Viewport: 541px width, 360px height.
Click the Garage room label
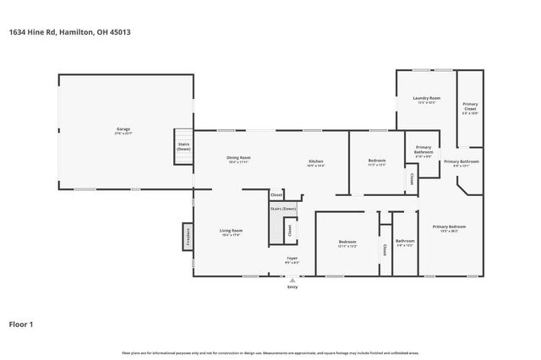[x=123, y=129]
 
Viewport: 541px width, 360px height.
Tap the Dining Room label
[x=238, y=158]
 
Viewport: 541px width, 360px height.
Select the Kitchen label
[x=315, y=161]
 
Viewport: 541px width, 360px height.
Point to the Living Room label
[x=232, y=231]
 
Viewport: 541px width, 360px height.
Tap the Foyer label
[x=292, y=259]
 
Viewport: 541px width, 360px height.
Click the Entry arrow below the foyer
[x=292, y=281]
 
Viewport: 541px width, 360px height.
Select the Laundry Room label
[x=427, y=99]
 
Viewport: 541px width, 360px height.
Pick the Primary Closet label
[x=470, y=107]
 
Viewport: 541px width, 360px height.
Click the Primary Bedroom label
[x=449, y=226]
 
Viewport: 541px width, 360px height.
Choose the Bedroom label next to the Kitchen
[x=377, y=161]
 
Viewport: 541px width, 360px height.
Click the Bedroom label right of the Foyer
[x=347, y=242]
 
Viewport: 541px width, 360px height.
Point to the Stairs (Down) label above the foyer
[x=283, y=209]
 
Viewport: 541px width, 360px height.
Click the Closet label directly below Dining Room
[x=276, y=194]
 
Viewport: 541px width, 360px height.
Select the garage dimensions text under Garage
[x=123, y=134]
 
